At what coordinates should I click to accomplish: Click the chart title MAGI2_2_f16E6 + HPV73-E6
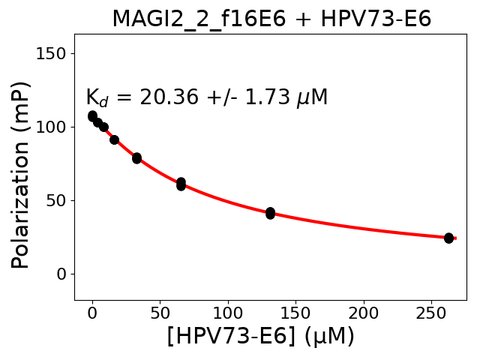(271, 19)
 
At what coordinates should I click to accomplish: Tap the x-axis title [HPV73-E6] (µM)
(260, 337)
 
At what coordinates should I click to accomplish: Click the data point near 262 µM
(448, 238)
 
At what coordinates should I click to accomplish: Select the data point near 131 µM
(270, 213)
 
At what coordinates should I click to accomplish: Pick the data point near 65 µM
(181, 184)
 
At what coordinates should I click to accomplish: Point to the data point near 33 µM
(136, 158)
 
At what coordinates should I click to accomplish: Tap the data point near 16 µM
(114, 139)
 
